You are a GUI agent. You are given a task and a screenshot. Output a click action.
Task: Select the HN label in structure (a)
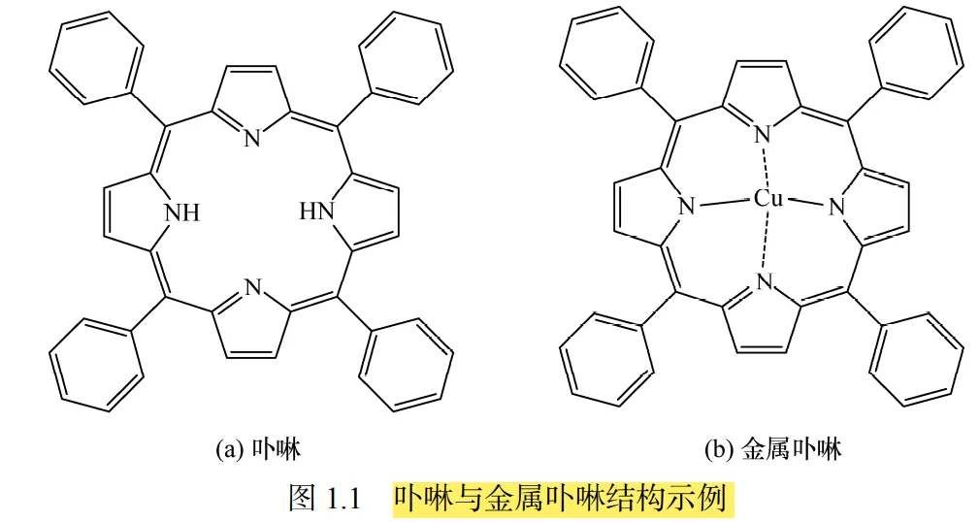click(x=316, y=211)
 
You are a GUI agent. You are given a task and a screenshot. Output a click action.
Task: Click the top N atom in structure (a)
click(x=252, y=138)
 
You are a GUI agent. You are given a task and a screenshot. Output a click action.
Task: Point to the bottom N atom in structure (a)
click(x=252, y=286)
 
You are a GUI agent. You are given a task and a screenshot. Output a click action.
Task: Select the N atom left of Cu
click(x=687, y=207)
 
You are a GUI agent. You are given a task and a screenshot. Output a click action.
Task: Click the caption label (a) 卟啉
click(x=257, y=449)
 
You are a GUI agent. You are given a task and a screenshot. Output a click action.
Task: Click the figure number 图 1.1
click(x=325, y=499)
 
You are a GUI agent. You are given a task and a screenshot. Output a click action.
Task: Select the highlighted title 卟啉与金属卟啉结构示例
click(x=560, y=499)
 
